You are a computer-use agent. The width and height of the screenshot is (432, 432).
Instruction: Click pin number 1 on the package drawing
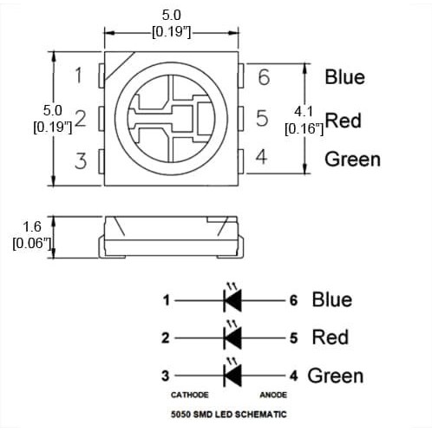pyautogui.click(x=79, y=75)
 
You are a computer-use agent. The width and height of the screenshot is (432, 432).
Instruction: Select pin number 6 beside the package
pyautogui.click(x=264, y=77)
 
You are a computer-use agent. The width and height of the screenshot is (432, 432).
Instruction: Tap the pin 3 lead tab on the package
pyautogui.click(x=101, y=161)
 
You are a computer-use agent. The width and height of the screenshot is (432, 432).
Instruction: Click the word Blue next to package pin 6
pyautogui.click(x=344, y=77)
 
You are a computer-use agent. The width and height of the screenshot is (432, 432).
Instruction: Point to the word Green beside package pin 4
pyautogui.click(x=352, y=160)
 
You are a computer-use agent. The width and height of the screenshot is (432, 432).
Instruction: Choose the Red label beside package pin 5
pyautogui.click(x=344, y=121)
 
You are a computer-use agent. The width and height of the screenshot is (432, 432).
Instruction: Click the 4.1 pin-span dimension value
pyautogui.click(x=304, y=112)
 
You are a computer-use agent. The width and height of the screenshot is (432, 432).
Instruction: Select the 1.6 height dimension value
pyautogui.click(x=32, y=227)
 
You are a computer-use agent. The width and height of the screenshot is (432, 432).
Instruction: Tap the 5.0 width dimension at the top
pyautogui.click(x=171, y=15)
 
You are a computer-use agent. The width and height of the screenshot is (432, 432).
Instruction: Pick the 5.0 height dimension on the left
pyautogui.click(x=53, y=110)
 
